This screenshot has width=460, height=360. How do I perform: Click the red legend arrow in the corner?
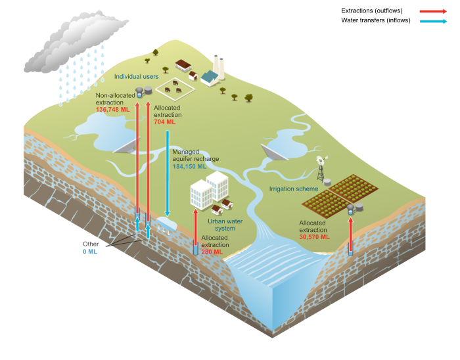(x=433, y=11)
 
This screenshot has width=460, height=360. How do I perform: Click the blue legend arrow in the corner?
(x=433, y=22)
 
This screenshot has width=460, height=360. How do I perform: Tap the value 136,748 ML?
(x=113, y=110)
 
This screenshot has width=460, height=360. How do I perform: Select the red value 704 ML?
(x=164, y=122)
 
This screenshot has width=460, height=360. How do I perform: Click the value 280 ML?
(x=212, y=252)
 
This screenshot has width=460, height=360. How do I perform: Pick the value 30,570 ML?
(x=314, y=237)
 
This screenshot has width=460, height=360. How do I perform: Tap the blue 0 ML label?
(x=89, y=252)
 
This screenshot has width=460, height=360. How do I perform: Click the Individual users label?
(x=136, y=77)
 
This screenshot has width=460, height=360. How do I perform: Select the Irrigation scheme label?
(x=293, y=189)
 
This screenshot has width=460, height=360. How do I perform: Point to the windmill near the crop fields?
(x=321, y=168)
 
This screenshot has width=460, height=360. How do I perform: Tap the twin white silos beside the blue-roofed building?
(x=218, y=66)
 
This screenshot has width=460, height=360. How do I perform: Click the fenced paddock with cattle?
(x=174, y=87)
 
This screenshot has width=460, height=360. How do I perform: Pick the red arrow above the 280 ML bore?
(x=195, y=227)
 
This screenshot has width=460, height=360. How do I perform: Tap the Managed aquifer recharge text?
(x=195, y=155)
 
